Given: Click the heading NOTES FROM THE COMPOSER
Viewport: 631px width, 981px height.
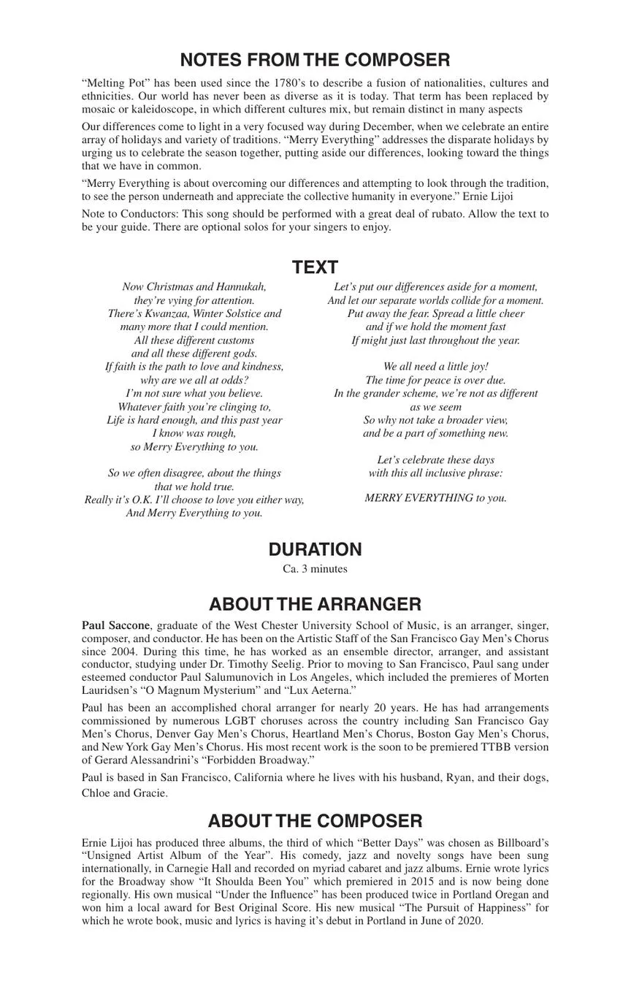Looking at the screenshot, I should point(315,60).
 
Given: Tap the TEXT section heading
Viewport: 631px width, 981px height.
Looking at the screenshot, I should point(315,267).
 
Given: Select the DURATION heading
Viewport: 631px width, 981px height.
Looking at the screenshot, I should point(315,549).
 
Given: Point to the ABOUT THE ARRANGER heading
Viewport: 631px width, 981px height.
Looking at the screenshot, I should point(315,604).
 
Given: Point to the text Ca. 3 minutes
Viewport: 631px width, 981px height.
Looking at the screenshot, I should point(315,569).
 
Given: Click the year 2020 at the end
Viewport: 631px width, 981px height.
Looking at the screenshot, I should point(469,921).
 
